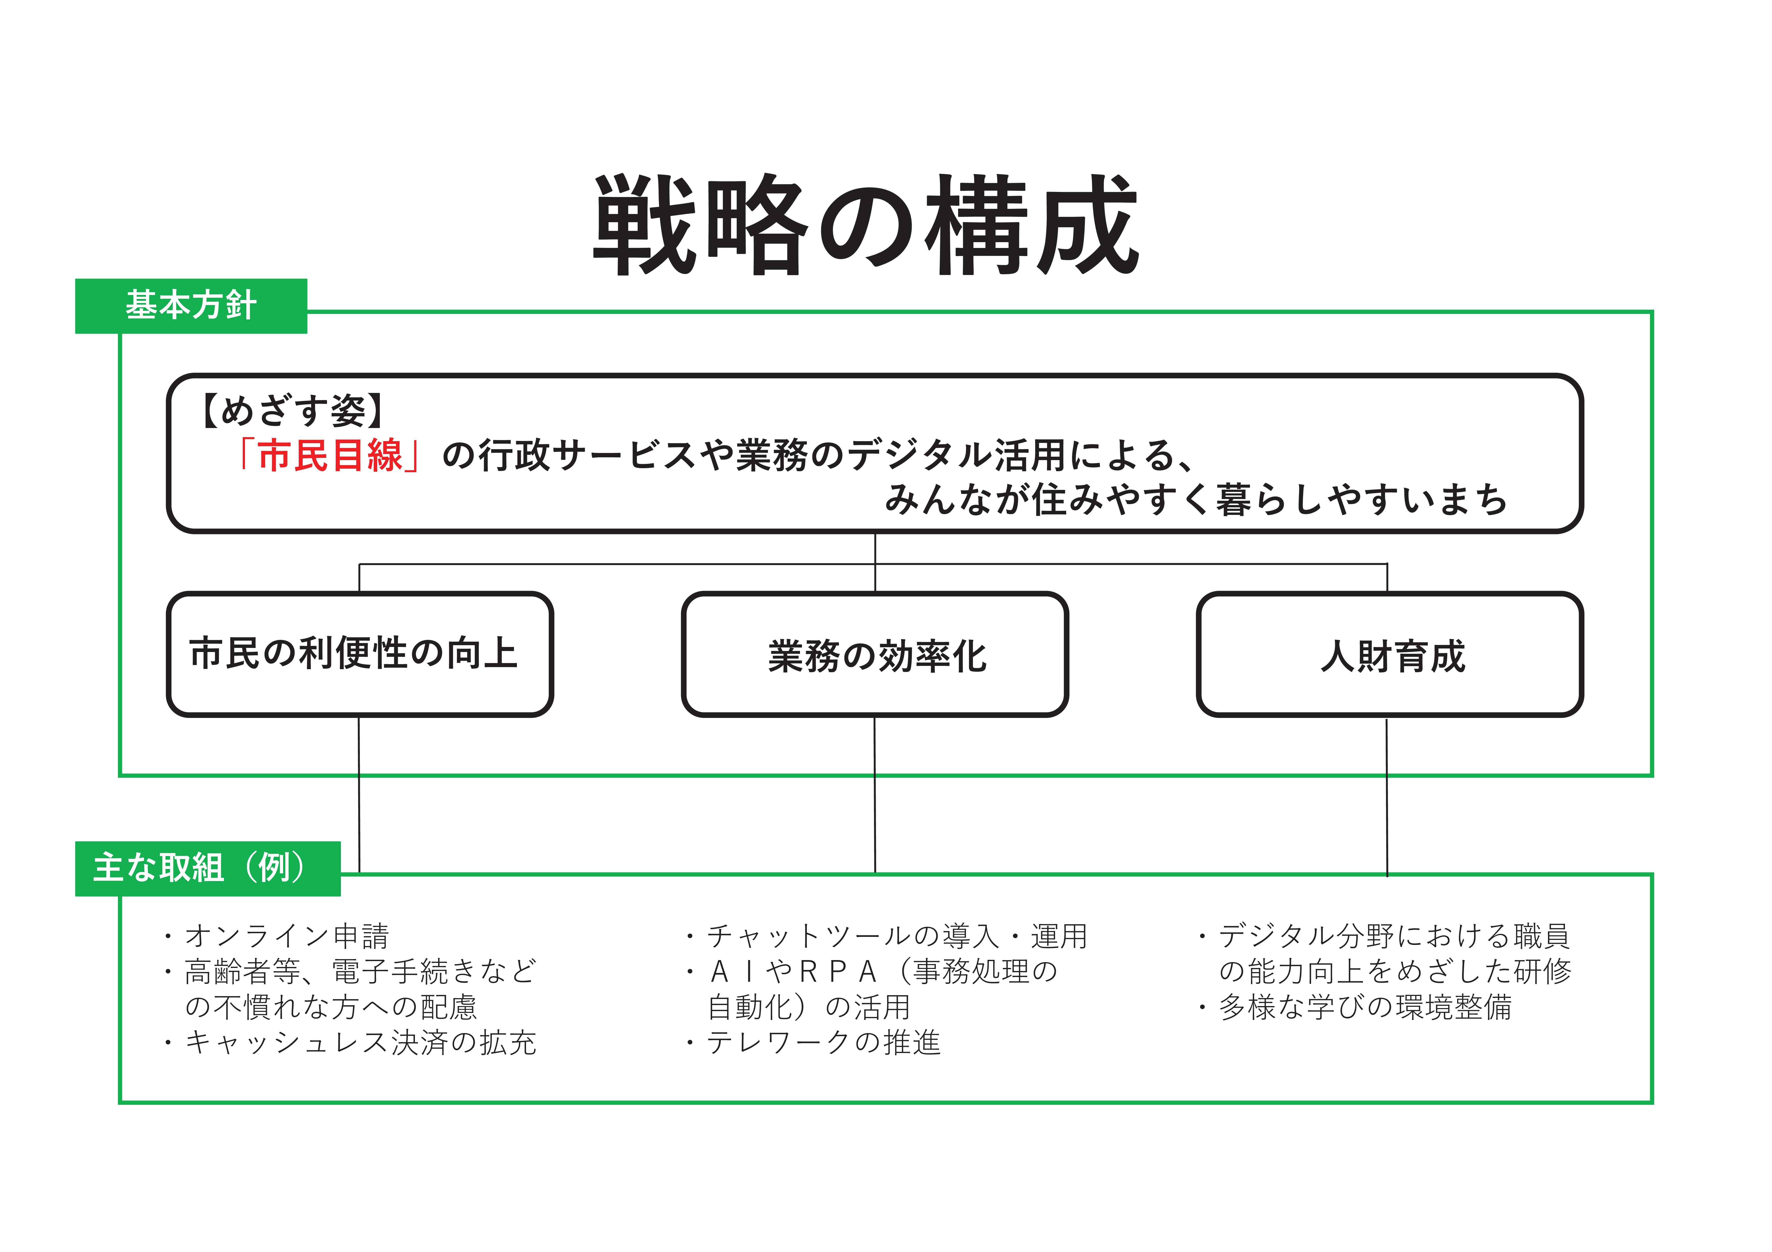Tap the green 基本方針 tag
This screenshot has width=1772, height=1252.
(x=191, y=306)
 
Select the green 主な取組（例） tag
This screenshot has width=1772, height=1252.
(x=208, y=868)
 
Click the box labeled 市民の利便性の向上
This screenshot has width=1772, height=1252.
(x=360, y=654)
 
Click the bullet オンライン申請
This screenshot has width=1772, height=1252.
(x=286, y=936)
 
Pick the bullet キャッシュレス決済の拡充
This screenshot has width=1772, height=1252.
(x=360, y=1042)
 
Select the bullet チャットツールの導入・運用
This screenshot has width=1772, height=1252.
(x=897, y=936)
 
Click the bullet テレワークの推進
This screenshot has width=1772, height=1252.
(x=823, y=1042)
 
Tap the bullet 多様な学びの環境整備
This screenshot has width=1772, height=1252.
(x=1365, y=1007)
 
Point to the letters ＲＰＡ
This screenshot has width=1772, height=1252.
(x=837, y=971)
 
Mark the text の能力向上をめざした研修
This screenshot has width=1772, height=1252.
(x=1395, y=971)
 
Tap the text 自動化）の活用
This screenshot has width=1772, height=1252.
(x=809, y=1007)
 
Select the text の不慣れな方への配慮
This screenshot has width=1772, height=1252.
(x=331, y=1007)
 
